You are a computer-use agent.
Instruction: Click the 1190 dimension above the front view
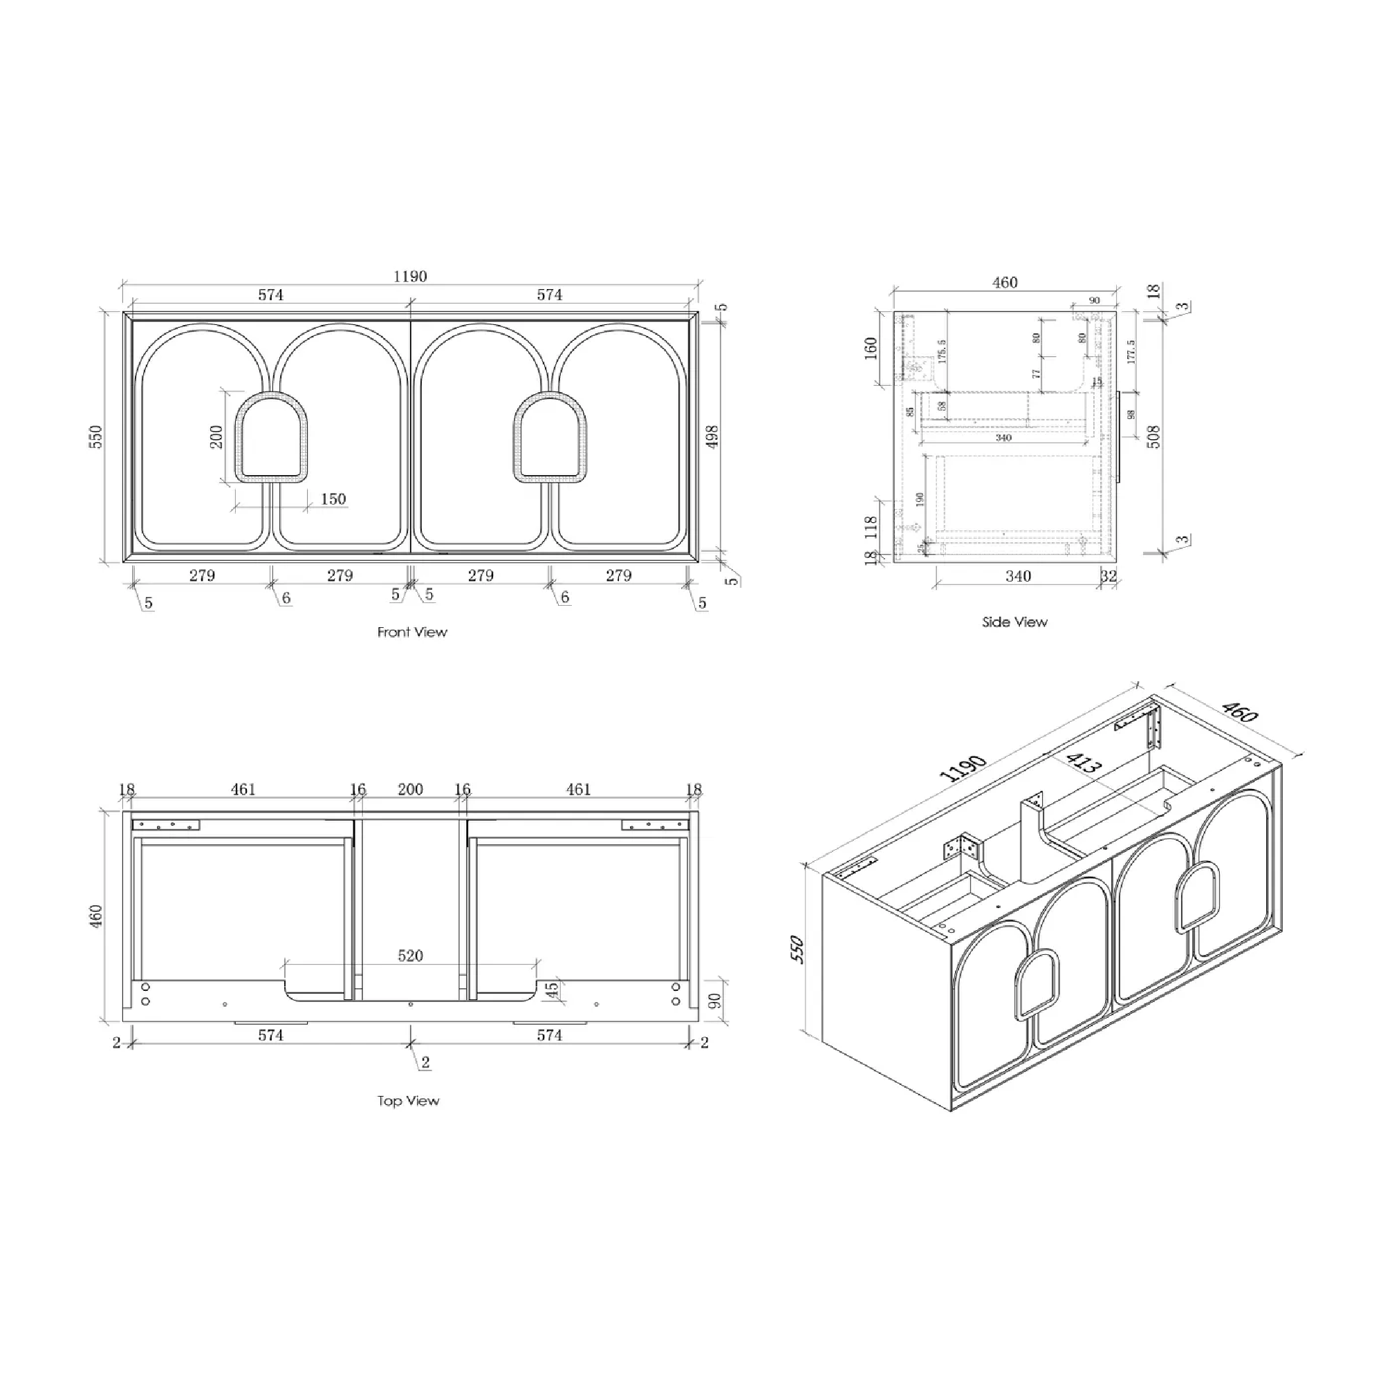410,277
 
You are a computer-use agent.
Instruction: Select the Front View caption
411,632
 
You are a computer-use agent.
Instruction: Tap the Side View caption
1014,622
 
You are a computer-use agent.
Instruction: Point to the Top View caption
408,1101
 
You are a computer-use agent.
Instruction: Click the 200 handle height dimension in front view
217,436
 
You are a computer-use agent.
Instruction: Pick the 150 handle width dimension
333,499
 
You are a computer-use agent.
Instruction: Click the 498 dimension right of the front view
712,436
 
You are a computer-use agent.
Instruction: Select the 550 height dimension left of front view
96,436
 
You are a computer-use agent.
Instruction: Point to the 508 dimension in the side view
1153,436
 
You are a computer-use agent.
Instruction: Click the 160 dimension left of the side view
871,349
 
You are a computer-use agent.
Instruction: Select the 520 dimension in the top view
410,956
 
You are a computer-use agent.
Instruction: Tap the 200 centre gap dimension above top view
410,789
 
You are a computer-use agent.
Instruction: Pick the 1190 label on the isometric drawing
963,768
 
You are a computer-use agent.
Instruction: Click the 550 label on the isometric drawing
797,949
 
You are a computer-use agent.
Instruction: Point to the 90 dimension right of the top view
714,1001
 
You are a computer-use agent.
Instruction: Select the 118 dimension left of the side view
871,527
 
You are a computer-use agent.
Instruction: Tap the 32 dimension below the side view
1108,576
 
